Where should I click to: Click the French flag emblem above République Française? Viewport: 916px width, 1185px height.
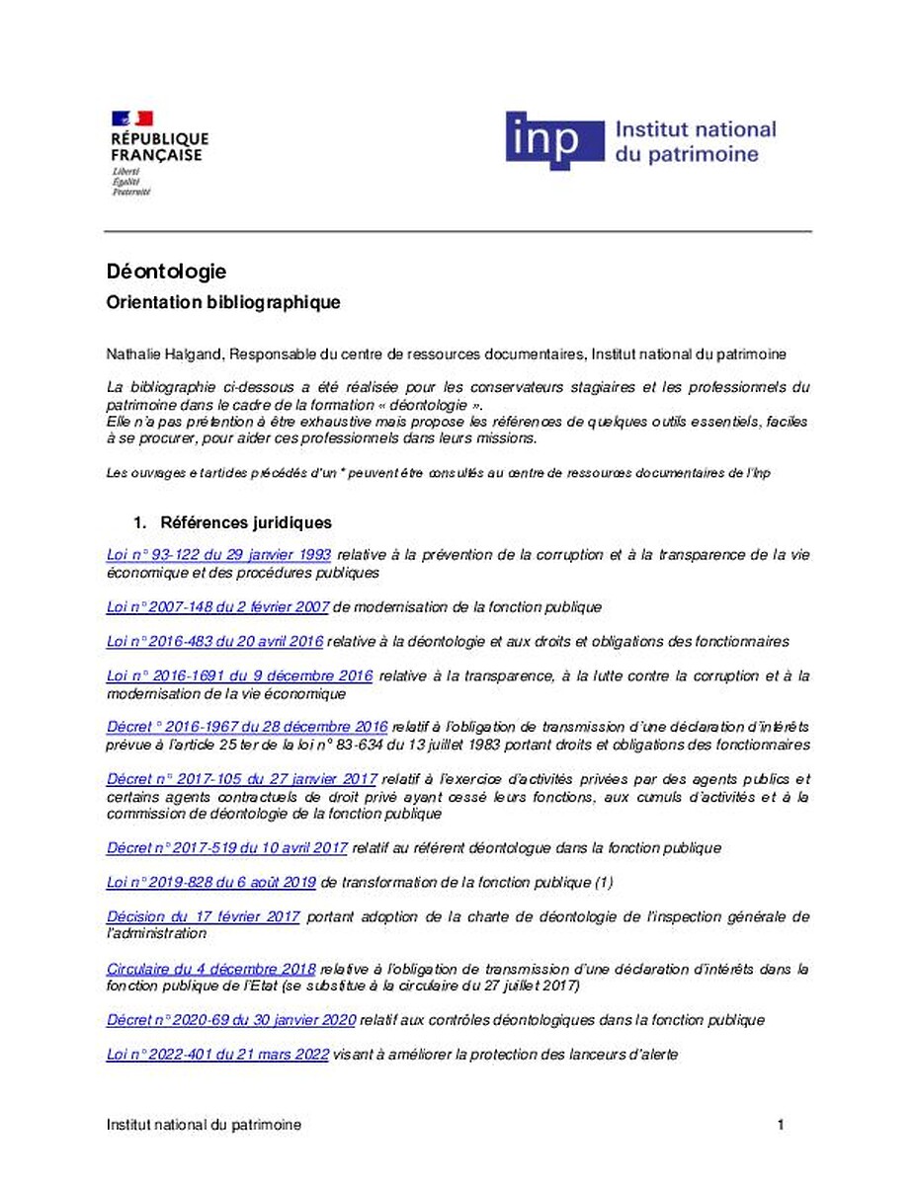pos(132,118)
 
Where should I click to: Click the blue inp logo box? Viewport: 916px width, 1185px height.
pos(553,141)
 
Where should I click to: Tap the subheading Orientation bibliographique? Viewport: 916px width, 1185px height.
pos(222,303)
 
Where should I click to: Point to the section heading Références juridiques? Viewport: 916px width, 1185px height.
pos(245,522)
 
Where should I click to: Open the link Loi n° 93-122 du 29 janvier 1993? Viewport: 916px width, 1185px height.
pos(218,555)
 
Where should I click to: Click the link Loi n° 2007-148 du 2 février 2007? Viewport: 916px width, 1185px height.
pos(217,607)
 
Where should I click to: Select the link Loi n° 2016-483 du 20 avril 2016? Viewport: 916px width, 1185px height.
pos(214,642)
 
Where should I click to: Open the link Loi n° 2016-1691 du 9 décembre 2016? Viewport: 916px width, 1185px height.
pos(239,676)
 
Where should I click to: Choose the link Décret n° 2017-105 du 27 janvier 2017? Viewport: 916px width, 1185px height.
pos(241,779)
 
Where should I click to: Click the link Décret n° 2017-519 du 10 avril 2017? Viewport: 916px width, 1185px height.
pos(226,848)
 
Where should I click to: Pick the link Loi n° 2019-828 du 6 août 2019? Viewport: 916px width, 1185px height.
pos(210,883)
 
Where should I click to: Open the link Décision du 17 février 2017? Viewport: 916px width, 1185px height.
pos(203,917)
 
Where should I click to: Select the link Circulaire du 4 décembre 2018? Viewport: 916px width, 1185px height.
pos(210,969)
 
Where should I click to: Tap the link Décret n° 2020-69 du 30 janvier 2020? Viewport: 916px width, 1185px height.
pos(230,1020)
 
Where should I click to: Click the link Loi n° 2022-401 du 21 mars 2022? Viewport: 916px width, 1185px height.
pos(217,1055)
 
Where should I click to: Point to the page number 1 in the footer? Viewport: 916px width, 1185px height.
pos(781,1126)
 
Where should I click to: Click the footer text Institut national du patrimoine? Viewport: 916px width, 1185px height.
pos(204,1126)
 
